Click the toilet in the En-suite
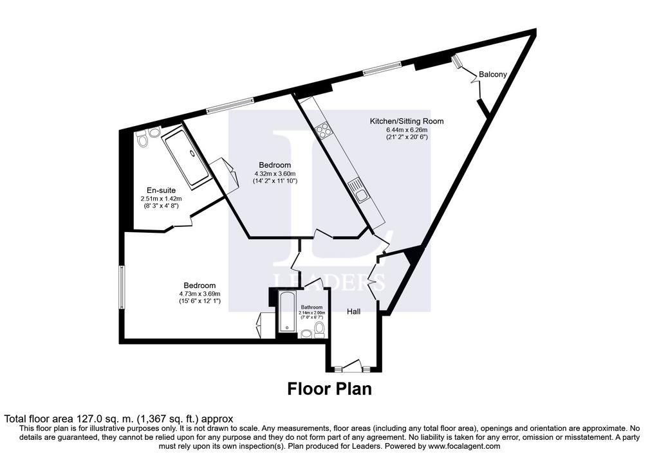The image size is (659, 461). (x=142, y=139)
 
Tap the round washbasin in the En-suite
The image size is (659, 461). (x=154, y=132)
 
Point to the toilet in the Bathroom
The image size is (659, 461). (x=319, y=330)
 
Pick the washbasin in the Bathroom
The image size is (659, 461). (x=306, y=334)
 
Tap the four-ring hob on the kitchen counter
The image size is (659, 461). (x=324, y=129)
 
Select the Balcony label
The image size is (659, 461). (x=492, y=75)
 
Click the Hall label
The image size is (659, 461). (x=353, y=312)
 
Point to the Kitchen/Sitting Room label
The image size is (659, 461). (x=407, y=122)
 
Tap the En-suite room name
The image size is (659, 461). (x=161, y=190)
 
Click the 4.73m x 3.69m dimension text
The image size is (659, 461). (x=200, y=294)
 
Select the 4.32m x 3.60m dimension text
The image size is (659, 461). (x=275, y=174)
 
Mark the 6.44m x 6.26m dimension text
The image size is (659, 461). (x=407, y=130)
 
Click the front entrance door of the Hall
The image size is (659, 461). (x=352, y=366)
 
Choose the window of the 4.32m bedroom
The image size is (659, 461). (x=230, y=105)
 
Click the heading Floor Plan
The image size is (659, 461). (x=329, y=389)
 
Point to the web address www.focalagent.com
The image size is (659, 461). (x=463, y=446)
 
